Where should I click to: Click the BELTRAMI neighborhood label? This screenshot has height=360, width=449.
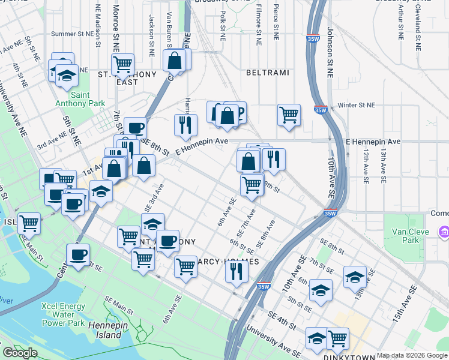click(x=268, y=73)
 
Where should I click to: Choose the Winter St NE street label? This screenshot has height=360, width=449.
click(x=356, y=105)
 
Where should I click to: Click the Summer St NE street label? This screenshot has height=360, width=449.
click(x=73, y=34)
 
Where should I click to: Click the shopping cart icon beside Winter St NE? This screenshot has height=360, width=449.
click(x=289, y=114)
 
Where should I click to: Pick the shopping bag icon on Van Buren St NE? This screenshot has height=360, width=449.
click(x=174, y=60)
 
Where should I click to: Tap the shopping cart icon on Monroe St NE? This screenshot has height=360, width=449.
click(x=122, y=63)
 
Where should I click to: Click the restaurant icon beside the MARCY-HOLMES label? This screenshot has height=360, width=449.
click(x=237, y=271)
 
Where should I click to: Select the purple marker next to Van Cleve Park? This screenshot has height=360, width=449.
click(x=444, y=232)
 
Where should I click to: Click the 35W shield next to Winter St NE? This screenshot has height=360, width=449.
click(x=321, y=110)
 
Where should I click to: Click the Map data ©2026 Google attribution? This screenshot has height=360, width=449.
click(x=412, y=356)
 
